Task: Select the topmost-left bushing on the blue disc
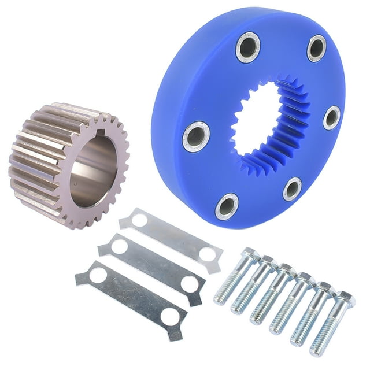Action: [247, 47]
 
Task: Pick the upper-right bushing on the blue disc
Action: [316, 48]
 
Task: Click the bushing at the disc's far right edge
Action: [331, 117]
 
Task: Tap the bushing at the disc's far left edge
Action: [195, 136]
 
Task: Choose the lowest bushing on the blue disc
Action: [227, 206]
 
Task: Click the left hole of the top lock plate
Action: [139, 220]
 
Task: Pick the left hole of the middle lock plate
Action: [119, 247]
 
